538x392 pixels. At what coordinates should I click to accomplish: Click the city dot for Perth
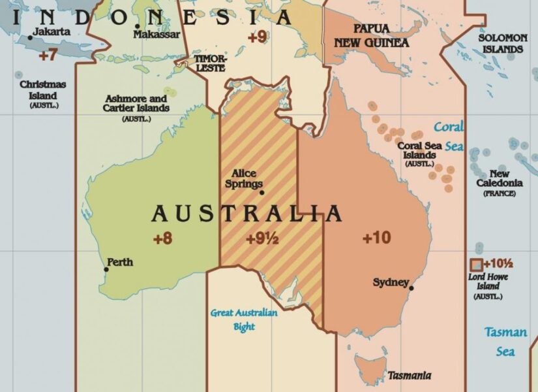coord(106,269)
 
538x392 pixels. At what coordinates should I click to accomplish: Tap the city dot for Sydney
coord(411,287)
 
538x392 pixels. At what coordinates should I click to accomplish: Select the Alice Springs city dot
coord(262,192)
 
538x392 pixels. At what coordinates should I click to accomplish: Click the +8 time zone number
coord(162,238)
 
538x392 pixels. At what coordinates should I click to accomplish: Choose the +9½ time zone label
coord(262,239)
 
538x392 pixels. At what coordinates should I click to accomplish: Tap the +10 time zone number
coord(376,238)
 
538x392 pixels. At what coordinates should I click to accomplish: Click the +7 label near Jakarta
coord(48,56)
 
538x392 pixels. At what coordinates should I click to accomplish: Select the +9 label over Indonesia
coord(257,37)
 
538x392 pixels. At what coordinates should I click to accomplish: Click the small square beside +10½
coord(476,265)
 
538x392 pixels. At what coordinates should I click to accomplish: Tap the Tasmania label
coord(409,376)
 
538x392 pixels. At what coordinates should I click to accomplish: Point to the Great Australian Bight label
coord(244,319)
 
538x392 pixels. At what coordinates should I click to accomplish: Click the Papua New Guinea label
coord(372,36)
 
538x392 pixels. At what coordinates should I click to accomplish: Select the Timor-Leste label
coord(210,62)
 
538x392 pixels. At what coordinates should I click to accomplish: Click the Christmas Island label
coord(43,90)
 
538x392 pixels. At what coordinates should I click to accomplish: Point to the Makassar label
coord(157,34)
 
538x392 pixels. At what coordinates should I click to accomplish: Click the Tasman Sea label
coord(505,342)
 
